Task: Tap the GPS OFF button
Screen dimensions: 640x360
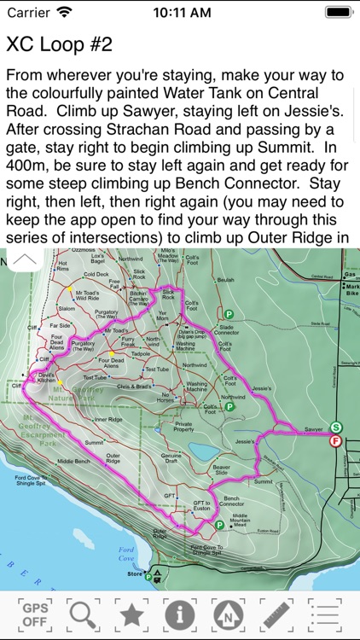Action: click(34, 614)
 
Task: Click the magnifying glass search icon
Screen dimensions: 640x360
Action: click(83, 614)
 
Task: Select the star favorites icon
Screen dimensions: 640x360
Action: click(131, 614)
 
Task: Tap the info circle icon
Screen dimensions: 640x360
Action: click(180, 614)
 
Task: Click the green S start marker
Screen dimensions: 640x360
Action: click(336, 427)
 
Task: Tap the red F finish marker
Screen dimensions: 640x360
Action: click(336, 441)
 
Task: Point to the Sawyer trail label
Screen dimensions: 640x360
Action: click(314, 429)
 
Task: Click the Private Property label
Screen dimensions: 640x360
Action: click(183, 427)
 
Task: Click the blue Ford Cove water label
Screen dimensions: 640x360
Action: click(127, 552)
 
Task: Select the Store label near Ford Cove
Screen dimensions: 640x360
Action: click(135, 574)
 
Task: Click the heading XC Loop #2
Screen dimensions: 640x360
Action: click(59, 44)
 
